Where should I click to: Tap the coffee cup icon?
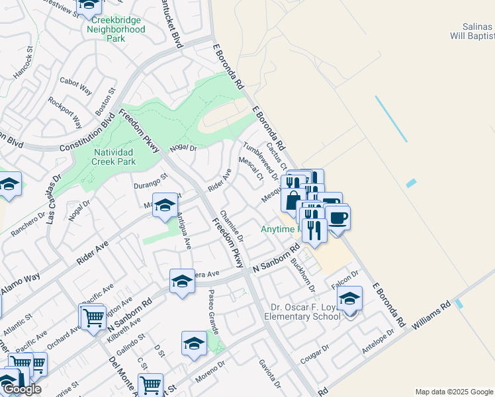point(338,218)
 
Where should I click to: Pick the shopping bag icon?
point(292,199)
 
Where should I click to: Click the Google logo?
point(22,389)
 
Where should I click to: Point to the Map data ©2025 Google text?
point(453,392)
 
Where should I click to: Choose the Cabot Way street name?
point(75,85)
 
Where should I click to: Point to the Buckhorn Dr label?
point(302,271)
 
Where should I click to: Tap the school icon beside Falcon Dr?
point(350,298)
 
